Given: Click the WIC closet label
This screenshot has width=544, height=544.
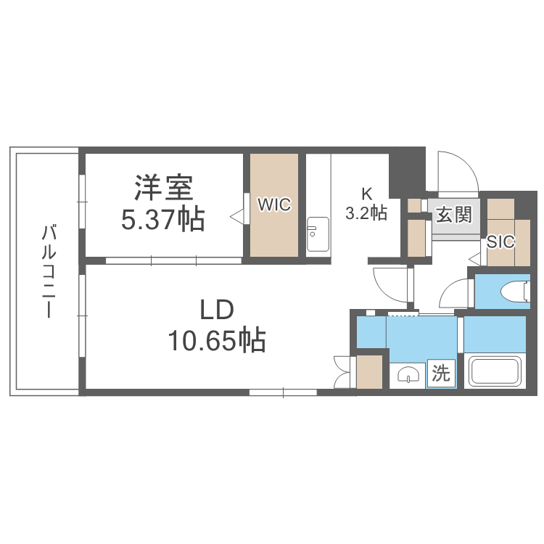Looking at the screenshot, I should (x=274, y=205).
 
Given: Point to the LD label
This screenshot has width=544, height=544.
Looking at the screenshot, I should (x=217, y=310).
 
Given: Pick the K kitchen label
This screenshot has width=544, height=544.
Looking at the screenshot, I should (x=367, y=194).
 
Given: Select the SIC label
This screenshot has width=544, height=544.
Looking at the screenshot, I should (x=500, y=242).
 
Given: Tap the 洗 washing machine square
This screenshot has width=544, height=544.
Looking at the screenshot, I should (x=441, y=374).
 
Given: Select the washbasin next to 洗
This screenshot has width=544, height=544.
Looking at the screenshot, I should (x=408, y=375).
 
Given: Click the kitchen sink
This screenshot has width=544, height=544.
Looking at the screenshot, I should (x=318, y=234).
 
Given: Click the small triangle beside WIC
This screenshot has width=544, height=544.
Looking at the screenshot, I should (x=236, y=215).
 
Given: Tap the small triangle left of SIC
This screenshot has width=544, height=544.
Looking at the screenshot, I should (x=474, y=257).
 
